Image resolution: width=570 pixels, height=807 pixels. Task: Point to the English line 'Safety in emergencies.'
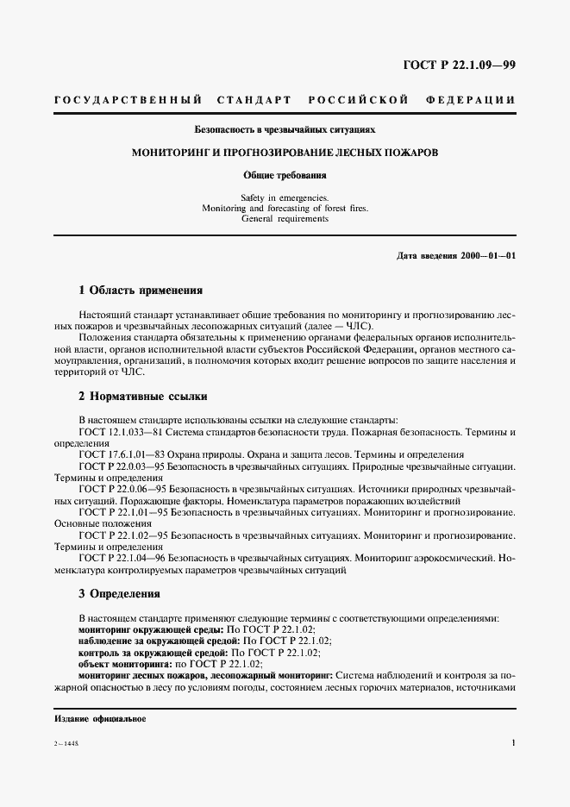click(285, 197)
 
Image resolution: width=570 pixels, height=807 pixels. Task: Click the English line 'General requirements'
click(285, 219)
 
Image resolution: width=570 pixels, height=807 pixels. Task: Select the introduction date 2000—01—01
click(488, 256)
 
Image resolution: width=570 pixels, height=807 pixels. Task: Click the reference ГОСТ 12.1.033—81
click(116, 430)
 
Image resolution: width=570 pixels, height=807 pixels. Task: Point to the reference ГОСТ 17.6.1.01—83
click(117, 454)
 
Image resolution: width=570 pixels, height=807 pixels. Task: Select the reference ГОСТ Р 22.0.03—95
click(120, 466)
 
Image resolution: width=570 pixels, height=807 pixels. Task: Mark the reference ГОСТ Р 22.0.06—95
click(120, 488)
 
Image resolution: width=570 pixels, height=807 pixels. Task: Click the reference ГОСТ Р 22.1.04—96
click(120, 558)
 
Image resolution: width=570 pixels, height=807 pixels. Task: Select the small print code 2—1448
click(66, 743)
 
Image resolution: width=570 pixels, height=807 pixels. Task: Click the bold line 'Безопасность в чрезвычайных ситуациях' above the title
click(285, 129)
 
